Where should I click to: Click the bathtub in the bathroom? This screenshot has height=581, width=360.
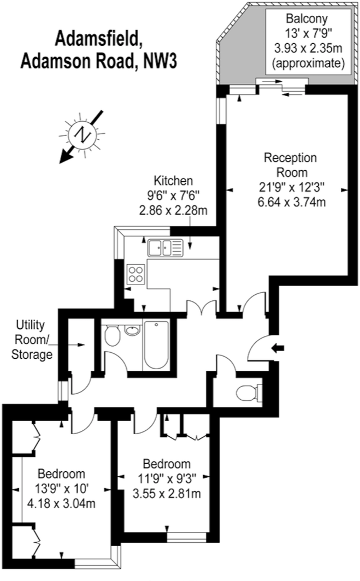point(157,345)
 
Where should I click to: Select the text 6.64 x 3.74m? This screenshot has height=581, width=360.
point(293,203)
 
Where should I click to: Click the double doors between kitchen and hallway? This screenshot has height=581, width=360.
point(202,308)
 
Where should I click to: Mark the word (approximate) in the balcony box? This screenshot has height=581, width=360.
point(309,64)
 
